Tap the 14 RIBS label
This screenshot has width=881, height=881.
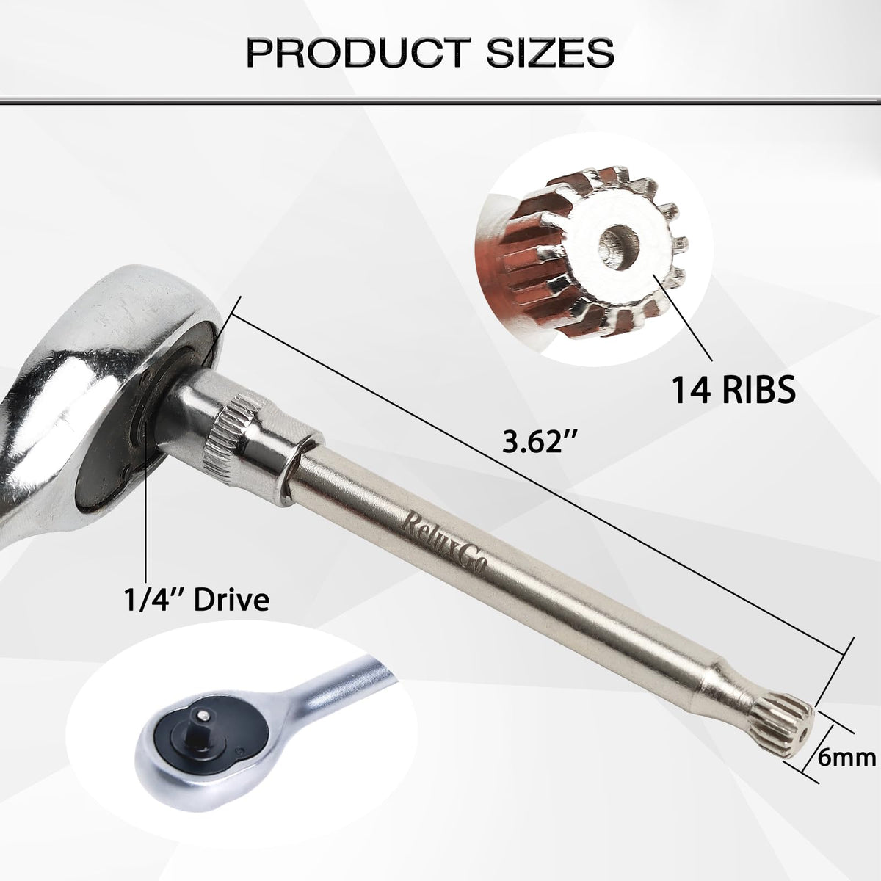pos(733,390)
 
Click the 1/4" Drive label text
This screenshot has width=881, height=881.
pos(196,599)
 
